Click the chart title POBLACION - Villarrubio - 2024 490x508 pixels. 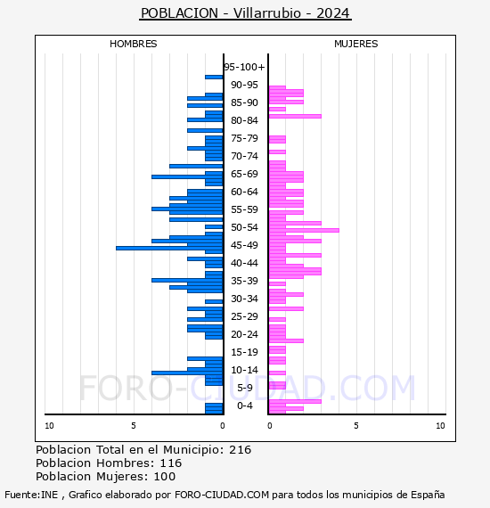[246, 13]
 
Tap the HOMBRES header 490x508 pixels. [133, 44]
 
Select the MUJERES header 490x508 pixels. [356, 44]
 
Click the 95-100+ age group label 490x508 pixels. [244, 67]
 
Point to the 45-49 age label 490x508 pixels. [244, 245]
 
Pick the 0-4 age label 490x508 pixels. [244, 406]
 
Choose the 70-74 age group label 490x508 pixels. [244, 156]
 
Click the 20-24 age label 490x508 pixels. [244, 334]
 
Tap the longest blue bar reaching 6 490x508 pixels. [169, 248]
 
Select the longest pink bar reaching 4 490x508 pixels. [304, 230]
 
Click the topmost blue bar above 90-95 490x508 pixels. [214, 78]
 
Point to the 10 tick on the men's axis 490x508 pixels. [49, 426]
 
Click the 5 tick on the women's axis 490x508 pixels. [356, 426]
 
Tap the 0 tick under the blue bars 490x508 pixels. [223, 426]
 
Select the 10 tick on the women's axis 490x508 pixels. [440, 426]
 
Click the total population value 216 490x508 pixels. [240, 450]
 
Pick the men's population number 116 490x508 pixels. [171, 463]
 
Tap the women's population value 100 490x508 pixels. [165, 477]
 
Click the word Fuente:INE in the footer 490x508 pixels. [31, 495]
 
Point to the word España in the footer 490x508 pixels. [428, 495]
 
